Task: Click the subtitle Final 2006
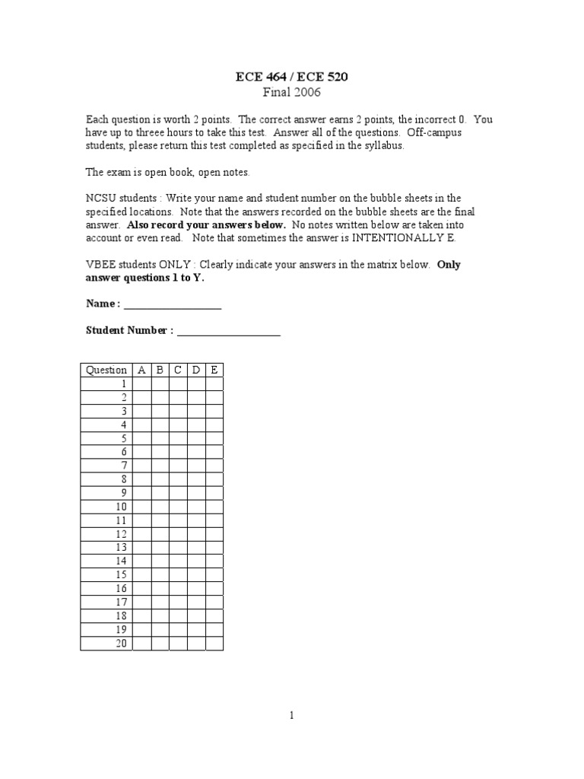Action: click(292, 93)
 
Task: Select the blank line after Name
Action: click(172, 304)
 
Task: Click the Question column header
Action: click(106, 370)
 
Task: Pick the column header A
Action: click(141, 370)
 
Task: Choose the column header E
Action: click(214, 370)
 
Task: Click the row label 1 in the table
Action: click(123, 384)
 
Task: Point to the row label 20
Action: click(122, 644)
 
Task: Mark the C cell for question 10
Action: click(178, 507)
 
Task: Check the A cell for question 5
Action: click(141, 439)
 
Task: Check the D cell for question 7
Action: click(196, 466)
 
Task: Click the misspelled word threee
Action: click(144, 132)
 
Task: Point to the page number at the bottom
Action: click(292, 715)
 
